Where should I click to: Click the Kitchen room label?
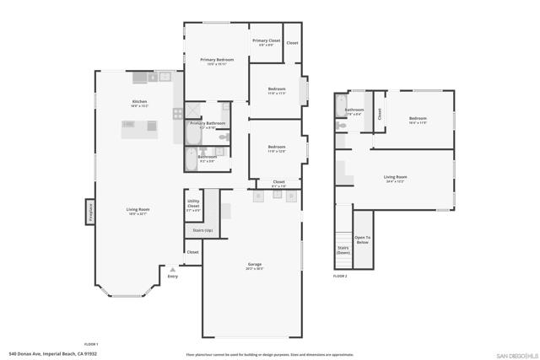[139, 103]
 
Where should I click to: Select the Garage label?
[254, 266]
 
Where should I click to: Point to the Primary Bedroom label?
[217, 60]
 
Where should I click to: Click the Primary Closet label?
[266, 42]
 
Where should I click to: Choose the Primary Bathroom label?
[207, 125]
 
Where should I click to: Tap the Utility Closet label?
[193, 203]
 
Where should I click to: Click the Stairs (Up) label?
[203, 229]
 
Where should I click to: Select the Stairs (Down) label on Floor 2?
[343, 250]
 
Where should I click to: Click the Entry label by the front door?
[173, 276]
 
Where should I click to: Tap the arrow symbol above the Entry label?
[173, 269]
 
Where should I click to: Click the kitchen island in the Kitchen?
[139, 130]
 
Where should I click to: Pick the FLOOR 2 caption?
[340, 276]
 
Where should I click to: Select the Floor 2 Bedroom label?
[418, 121]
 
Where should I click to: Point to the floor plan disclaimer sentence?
[270, 354]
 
